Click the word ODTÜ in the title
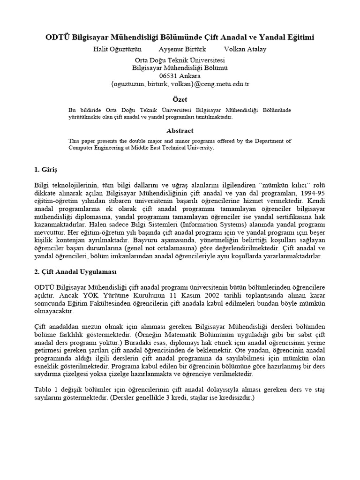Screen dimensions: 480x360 [x=55, y=37]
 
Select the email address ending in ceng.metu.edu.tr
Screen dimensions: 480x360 [x=180, y=84]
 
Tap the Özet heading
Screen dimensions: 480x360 [x=180, y=99]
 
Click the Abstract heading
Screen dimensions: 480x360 [x=180, y=131]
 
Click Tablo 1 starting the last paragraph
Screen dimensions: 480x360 [x=45, y=390]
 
